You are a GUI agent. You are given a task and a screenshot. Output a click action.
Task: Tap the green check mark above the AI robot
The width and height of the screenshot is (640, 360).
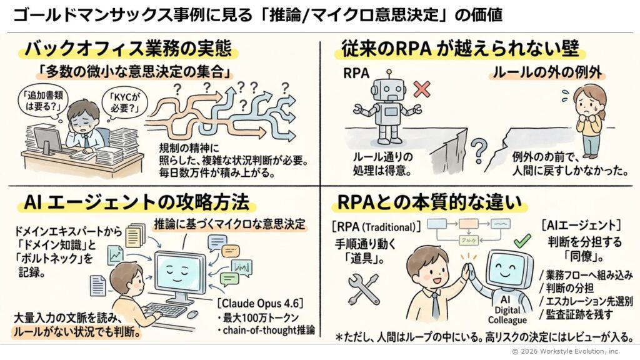(x=521, y=241)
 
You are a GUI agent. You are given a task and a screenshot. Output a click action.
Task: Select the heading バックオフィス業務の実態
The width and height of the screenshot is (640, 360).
(x=127, y=49)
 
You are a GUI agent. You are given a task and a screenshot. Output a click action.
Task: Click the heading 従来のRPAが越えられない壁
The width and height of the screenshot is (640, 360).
(x=460, y=49)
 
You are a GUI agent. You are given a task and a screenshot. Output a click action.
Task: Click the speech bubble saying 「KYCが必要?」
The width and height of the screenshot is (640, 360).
(x=123, y=102)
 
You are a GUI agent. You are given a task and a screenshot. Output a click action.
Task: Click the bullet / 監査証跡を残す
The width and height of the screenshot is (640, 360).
(x=578, y=314)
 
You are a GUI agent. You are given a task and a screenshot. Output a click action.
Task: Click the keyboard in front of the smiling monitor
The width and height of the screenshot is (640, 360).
(x=165, y=309)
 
